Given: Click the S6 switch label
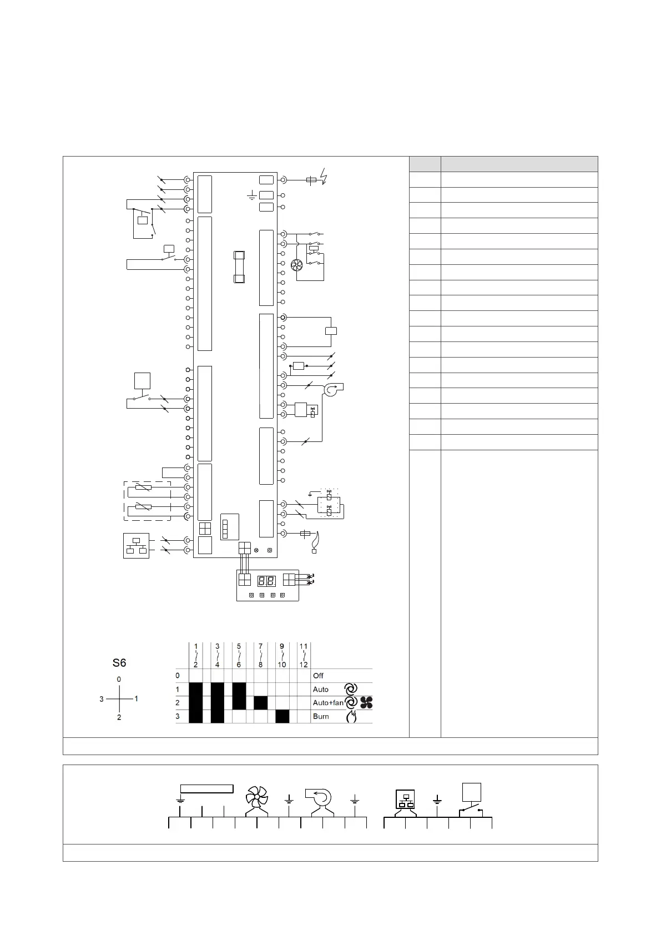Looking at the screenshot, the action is [119, 662].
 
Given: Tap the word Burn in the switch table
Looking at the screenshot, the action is [321, 716].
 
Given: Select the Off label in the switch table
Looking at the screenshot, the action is [318, 676].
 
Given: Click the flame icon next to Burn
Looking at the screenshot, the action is [351, 717].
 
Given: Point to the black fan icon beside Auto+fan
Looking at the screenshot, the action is [366, 703].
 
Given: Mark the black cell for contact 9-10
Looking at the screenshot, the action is [282, 716].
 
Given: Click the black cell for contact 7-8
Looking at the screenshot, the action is [261, 703].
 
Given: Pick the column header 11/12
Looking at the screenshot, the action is [304, 655].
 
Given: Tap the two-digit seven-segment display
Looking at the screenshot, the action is [266, 581].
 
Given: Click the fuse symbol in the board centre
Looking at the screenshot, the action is [239, 267].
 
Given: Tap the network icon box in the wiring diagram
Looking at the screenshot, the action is [136, 546].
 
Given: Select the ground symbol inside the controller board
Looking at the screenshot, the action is [252, 196].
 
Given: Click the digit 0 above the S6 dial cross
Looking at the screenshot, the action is [119, 679].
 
